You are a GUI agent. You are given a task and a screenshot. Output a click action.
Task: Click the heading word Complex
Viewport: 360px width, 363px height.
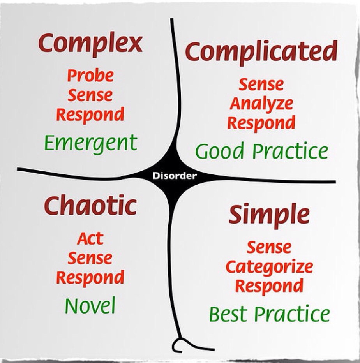click(90, 44)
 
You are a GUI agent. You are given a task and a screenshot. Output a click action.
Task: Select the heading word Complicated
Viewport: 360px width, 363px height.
click(261, 52)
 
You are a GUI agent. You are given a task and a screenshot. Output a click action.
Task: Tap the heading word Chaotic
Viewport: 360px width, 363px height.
click(90, 206)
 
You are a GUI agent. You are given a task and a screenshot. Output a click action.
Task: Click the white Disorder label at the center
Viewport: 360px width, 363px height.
click(175, 176)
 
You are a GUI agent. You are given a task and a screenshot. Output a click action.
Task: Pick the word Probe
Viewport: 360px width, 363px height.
click(90, 76)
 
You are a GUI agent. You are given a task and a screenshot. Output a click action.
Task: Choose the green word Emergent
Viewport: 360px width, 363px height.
click(90, 143)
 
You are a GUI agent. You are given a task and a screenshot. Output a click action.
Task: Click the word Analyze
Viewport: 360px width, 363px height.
click(261, 104)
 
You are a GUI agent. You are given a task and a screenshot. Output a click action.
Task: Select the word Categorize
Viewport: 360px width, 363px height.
click(269, 267)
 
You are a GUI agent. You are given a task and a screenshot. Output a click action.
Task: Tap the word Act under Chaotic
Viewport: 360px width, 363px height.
click(90, 238)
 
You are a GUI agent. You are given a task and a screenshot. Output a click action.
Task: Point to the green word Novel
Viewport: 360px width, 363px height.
click(90, 306)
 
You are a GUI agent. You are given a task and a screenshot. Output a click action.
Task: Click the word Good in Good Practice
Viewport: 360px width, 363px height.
click(220, 151)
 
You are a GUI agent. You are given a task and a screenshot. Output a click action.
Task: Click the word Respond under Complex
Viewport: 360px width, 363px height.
click(90, 115)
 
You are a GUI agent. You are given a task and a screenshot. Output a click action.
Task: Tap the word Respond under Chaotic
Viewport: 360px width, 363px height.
click(90, 278)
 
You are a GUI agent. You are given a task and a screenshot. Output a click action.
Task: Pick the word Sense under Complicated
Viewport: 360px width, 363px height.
click(261, 85)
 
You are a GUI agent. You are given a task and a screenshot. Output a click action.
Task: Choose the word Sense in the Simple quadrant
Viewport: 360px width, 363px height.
click(269, 247)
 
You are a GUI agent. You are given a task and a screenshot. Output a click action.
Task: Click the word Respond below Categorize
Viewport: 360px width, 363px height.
click(269, 286)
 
